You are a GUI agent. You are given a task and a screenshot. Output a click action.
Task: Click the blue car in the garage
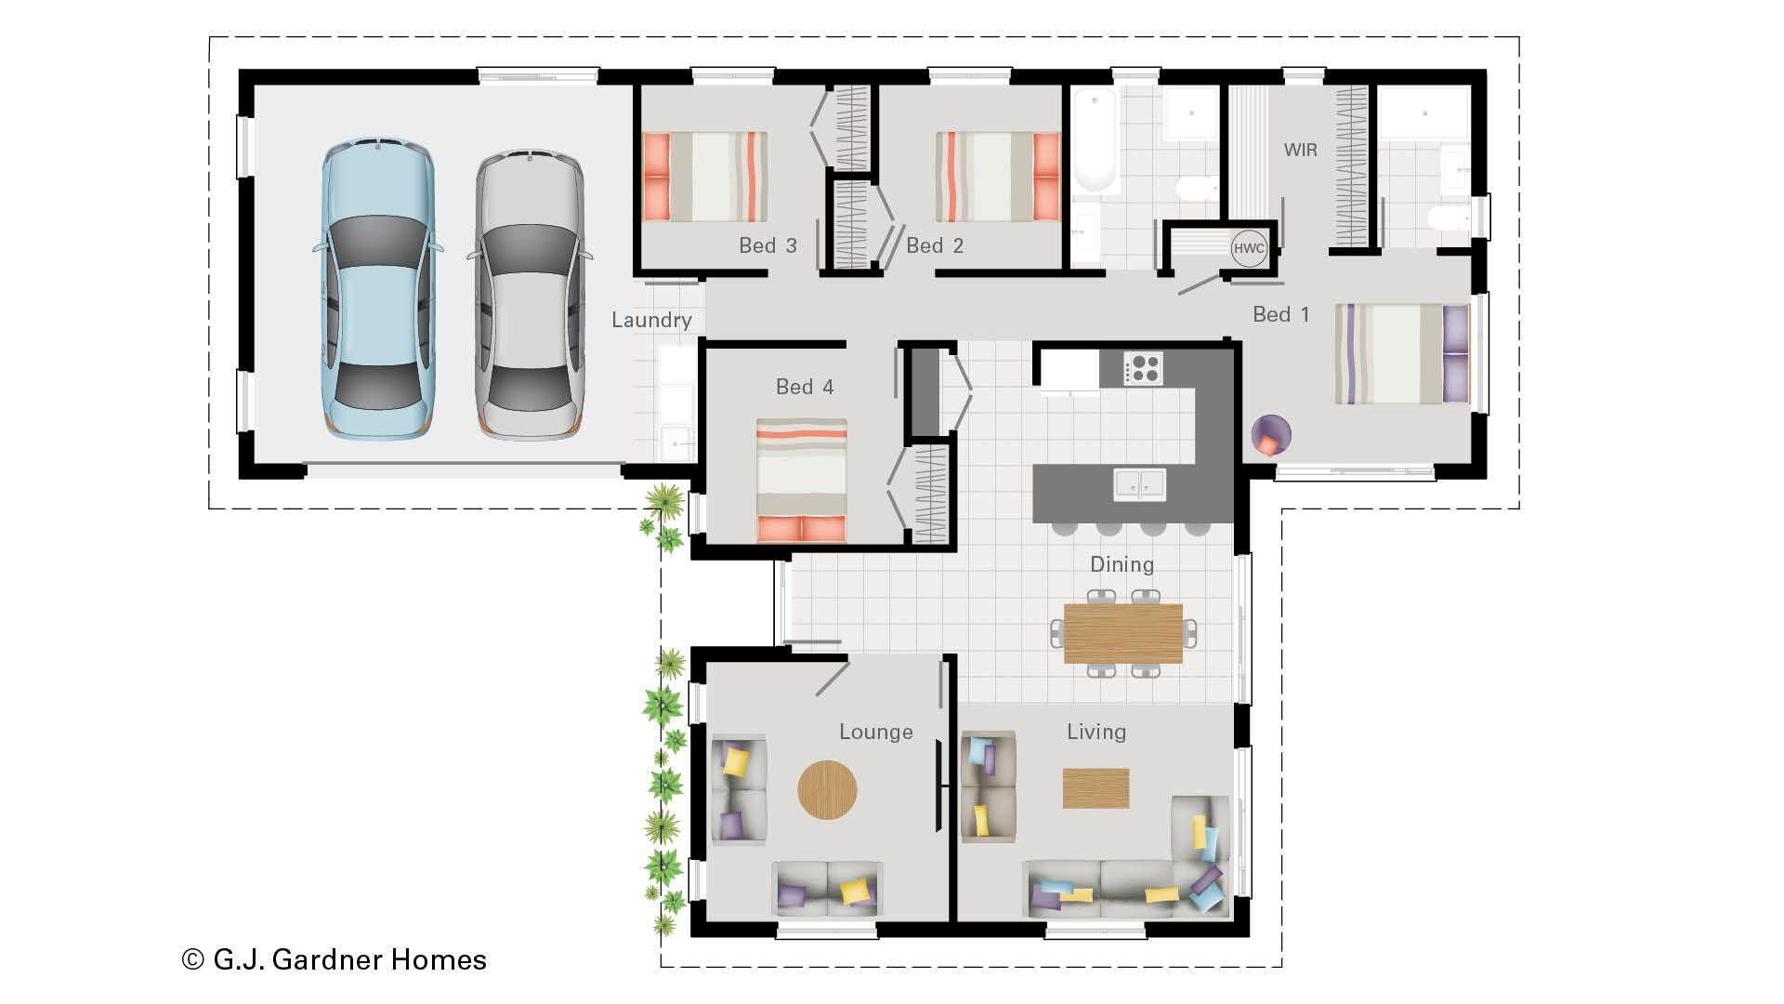[x=377, y=290]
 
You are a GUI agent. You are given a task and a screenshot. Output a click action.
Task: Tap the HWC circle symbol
[x=1249, y=248]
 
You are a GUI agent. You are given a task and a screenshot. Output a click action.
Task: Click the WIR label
[x=1300, y=150]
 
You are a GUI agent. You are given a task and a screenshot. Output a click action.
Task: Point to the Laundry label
[x=651, y=321]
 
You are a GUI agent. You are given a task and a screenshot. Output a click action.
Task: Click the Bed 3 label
[x=767, y=245]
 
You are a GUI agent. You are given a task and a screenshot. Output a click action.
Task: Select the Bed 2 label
[x=935, y=245]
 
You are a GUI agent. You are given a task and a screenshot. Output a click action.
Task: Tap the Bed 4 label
[x=805, y=387]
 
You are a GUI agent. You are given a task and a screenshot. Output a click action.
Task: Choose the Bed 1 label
[x=1280, y=315]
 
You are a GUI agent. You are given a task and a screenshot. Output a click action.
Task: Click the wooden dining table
[x=1122, y=633]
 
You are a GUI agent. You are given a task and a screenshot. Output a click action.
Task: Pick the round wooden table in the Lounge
[x=827, y=790]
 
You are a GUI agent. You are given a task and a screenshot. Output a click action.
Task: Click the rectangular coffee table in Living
[x=1095, y=787]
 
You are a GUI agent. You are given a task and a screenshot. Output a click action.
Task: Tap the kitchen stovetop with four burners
[x=1143, y=368]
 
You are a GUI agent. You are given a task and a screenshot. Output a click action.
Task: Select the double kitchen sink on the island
[x=1140, y=484]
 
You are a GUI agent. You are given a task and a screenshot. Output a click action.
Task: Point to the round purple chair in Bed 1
[x=1270, y=434]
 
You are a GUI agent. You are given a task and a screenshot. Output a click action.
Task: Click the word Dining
[x=1122, y=564]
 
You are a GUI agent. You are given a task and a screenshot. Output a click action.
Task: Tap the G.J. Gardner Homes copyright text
[x=334, y=959]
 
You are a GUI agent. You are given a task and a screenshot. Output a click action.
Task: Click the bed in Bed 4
[x=801, y=480]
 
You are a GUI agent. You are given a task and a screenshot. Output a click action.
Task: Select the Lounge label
[x=875, y=733]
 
